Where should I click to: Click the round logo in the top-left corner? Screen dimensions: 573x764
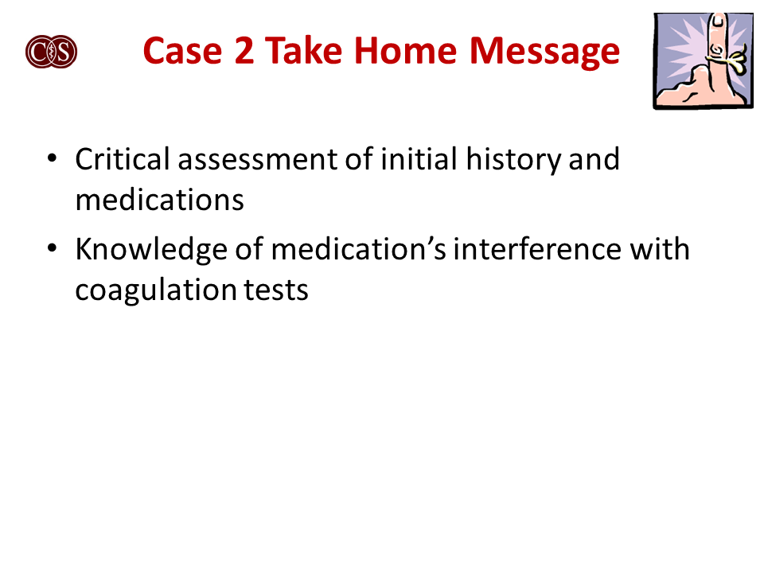tap(51, 52)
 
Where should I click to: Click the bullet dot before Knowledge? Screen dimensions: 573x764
tap(52, 249)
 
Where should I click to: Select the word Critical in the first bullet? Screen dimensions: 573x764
tap(123, 159)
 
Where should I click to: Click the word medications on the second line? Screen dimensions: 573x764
tap(159, 200)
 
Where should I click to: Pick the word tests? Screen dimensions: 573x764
tap(275, 290)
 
